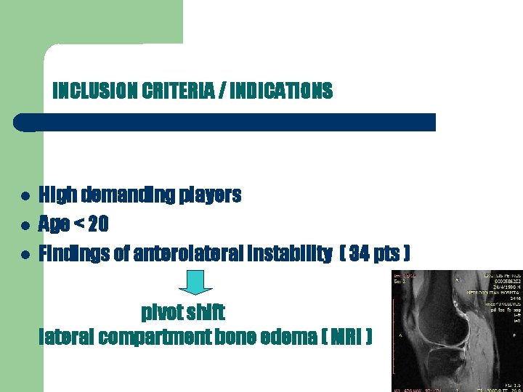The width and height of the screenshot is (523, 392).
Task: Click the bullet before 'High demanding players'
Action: point(25,197)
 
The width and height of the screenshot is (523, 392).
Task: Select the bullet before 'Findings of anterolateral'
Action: point(25,255)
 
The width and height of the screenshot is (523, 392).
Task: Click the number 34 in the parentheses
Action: point(360,254)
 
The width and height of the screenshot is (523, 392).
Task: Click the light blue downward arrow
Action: point(195,282)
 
